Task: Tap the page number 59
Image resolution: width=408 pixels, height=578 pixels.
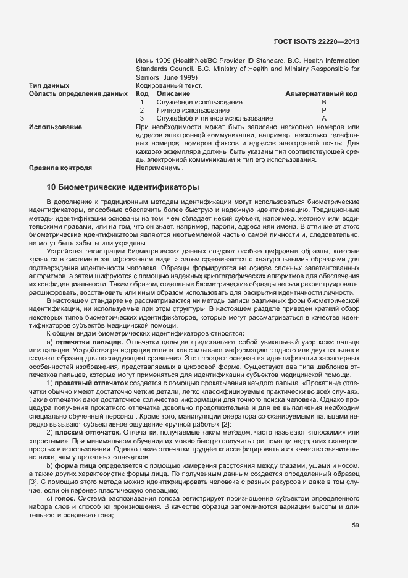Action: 355,526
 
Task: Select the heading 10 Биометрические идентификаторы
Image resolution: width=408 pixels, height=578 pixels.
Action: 123,187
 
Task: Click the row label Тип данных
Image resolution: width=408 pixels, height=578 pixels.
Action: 49,85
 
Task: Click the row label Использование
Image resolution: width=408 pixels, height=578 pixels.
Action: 56,127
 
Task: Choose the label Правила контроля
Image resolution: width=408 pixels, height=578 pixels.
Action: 60,168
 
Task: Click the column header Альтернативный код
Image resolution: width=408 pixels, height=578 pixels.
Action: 322,93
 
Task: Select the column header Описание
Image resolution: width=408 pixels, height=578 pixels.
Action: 174,93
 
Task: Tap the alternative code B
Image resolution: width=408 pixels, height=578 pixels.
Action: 324,102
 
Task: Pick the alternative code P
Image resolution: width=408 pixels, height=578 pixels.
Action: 324,110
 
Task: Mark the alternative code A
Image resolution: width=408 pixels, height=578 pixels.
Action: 324,118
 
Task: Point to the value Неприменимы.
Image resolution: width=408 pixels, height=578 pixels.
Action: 159,168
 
